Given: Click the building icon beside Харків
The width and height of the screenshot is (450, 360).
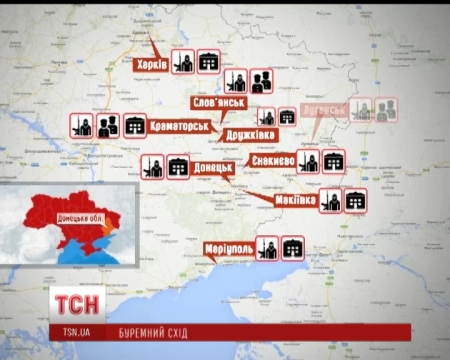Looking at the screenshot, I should click(208, 62).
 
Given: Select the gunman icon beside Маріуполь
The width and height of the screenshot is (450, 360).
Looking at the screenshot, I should click(267, 247).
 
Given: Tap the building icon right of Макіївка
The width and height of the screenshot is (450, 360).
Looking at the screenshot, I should click(355, 199).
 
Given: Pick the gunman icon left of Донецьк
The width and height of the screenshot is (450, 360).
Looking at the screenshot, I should click(152, 166).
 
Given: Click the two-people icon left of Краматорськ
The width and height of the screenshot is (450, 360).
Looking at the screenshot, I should click(107, 125).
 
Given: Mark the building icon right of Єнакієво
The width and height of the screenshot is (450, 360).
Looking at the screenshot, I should click(334, 161).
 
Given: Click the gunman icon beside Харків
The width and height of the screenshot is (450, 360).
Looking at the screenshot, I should click(183, 62).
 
